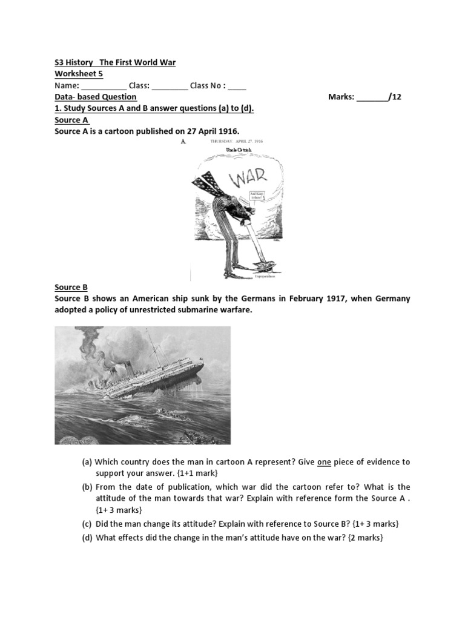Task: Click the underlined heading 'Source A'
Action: [x=71, y=120]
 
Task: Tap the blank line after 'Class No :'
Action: [x=237, y=86]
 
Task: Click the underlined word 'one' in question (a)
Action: [x=324, y=462]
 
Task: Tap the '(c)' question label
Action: [x=87, y=524]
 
